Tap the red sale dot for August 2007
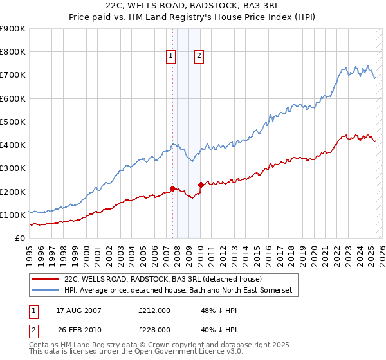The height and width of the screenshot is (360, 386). tap(172, 188)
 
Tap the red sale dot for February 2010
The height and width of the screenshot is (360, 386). tap(201, 184)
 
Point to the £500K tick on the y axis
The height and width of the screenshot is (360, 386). tap(13, 122)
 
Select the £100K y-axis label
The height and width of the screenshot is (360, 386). tap(13, 215)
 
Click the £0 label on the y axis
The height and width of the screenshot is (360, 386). tap(19, 238)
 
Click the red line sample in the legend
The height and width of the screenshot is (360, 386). tap(45, 280)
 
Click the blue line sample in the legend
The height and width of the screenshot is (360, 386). tap(45, 291)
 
